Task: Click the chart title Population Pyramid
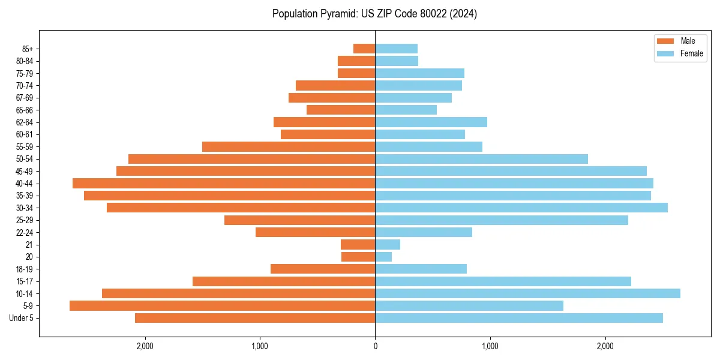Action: [374, 14]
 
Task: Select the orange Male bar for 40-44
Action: [224, 183]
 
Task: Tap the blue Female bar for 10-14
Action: [527, 293]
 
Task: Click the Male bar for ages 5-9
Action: [222, 305]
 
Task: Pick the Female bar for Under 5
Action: [519, 318]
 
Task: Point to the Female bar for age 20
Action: [383, 257]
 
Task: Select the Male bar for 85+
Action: [364, 49]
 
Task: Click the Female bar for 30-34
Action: [521, 208]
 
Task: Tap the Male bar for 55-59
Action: [289, 146]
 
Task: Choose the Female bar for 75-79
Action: [419, 73]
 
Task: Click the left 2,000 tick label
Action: [145, 346]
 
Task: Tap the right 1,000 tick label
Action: [490, 346]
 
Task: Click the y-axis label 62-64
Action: [25, 122]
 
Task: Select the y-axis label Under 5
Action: [22, 318]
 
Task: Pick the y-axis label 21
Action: [29, 245]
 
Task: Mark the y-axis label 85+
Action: [27, 49]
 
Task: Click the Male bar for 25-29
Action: [299, 220]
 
